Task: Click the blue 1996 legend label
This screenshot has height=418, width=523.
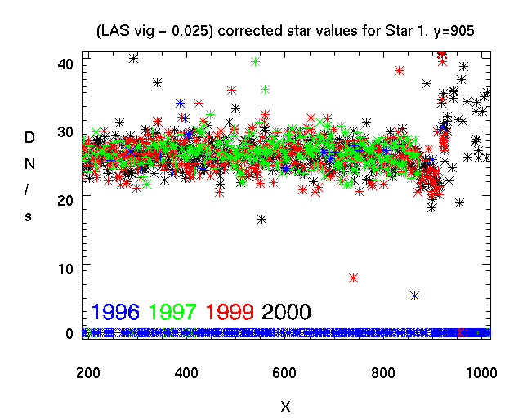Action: click(115, 311)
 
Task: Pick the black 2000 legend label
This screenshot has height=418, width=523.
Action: click(286, 311)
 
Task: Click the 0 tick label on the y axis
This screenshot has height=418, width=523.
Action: click(70, 333)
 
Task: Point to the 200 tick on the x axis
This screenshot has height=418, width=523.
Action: click(87, 372)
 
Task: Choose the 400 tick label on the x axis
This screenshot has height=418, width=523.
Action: click(188, 372)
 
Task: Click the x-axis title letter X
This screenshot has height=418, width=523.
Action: click(285, 406)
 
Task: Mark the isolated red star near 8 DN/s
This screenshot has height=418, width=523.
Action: click(354, 278)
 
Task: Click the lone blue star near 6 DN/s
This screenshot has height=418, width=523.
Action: click(415, 296)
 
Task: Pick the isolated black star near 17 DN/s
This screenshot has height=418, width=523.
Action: click(261, 219)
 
